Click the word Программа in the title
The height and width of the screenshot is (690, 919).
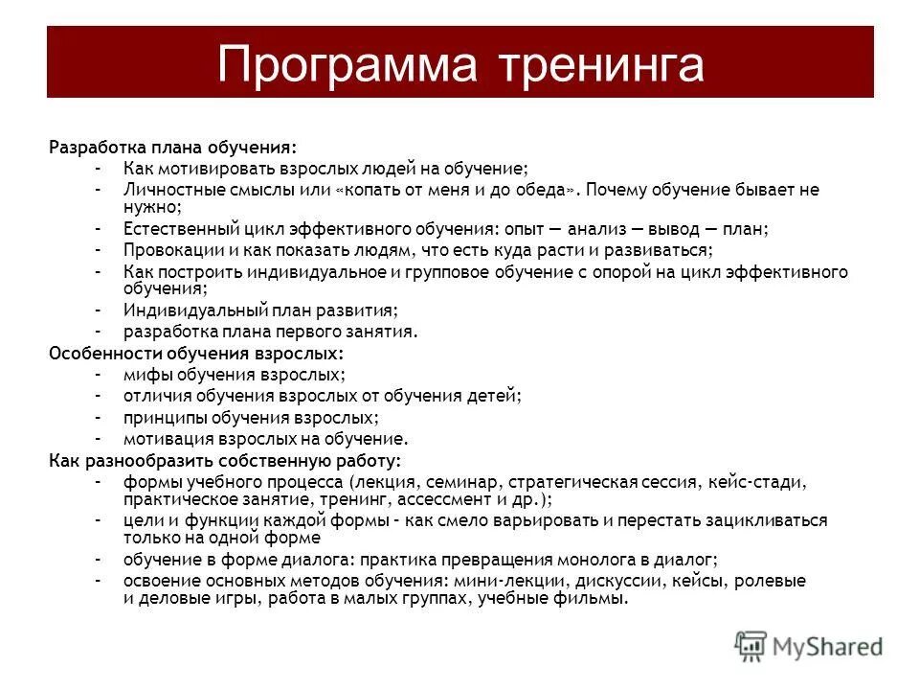[x=347, y=64]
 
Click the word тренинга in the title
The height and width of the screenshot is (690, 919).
[x=602, y=64]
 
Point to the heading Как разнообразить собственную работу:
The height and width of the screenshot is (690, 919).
[x=225, y=460]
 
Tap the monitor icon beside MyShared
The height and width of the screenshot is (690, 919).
[x=751, y=645]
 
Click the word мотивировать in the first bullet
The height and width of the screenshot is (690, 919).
[x=205, y=168]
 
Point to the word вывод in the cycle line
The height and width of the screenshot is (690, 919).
[x=674, y=230]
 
